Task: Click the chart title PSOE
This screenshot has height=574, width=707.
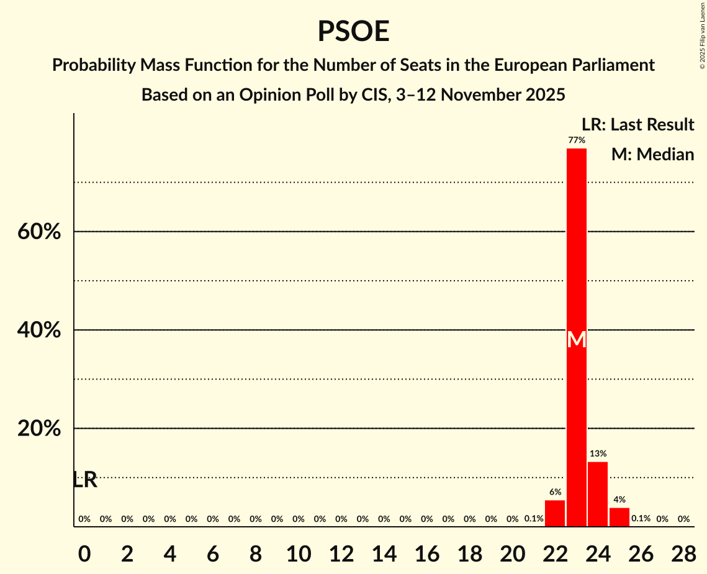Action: pyautogui.click(x=353, y=32)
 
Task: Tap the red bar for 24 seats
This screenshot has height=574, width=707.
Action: pyautogui.click(x=598, y=494)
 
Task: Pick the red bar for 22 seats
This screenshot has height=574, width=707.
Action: pyautogui.click(x=555, y=513)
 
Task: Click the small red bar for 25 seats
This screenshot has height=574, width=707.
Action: pyautogui.click(x=619, y=517)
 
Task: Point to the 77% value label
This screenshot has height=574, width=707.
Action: pyautogui.click(x=577, y=140)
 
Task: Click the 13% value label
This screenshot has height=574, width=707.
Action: pyautogui.click(x=598, y=454)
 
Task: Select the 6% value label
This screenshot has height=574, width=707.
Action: pyautogui.click(x=555, y=492)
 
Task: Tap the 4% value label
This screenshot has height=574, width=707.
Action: pyautogui.click(x=619, y=499)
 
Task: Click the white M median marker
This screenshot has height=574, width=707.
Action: pyautogui.click(x=577, y=339)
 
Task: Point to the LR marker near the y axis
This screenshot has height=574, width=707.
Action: pyautogui.click(x=85, y=480)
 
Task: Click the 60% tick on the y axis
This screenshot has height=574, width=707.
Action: pyautogui.click(x=39, y=232)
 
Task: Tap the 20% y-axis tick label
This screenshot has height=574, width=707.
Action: pyautogui.click(x=39, y=429)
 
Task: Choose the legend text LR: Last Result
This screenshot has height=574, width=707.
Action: pyautogui.click(x=637, y=125)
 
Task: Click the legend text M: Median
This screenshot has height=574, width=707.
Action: pyautogui.click(x=652, y=155)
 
